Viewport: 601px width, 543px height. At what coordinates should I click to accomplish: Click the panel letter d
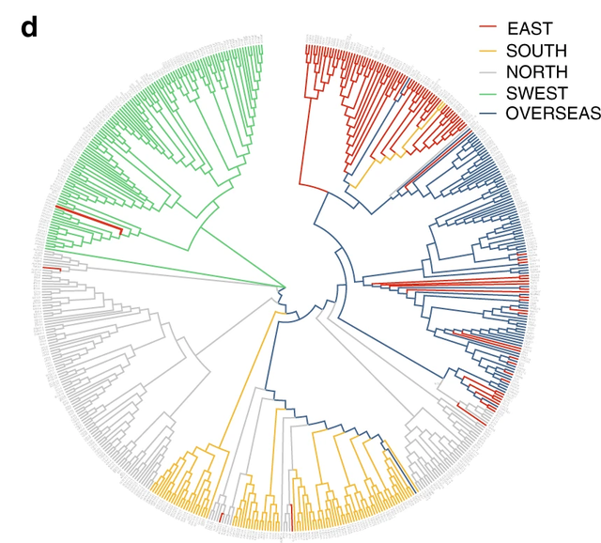[28, 28]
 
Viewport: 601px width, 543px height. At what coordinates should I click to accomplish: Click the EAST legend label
[530, 29]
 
